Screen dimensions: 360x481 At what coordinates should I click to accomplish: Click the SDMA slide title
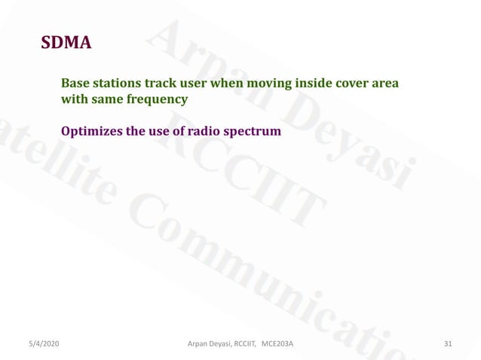pyautogui.click(x=66, y=43)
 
